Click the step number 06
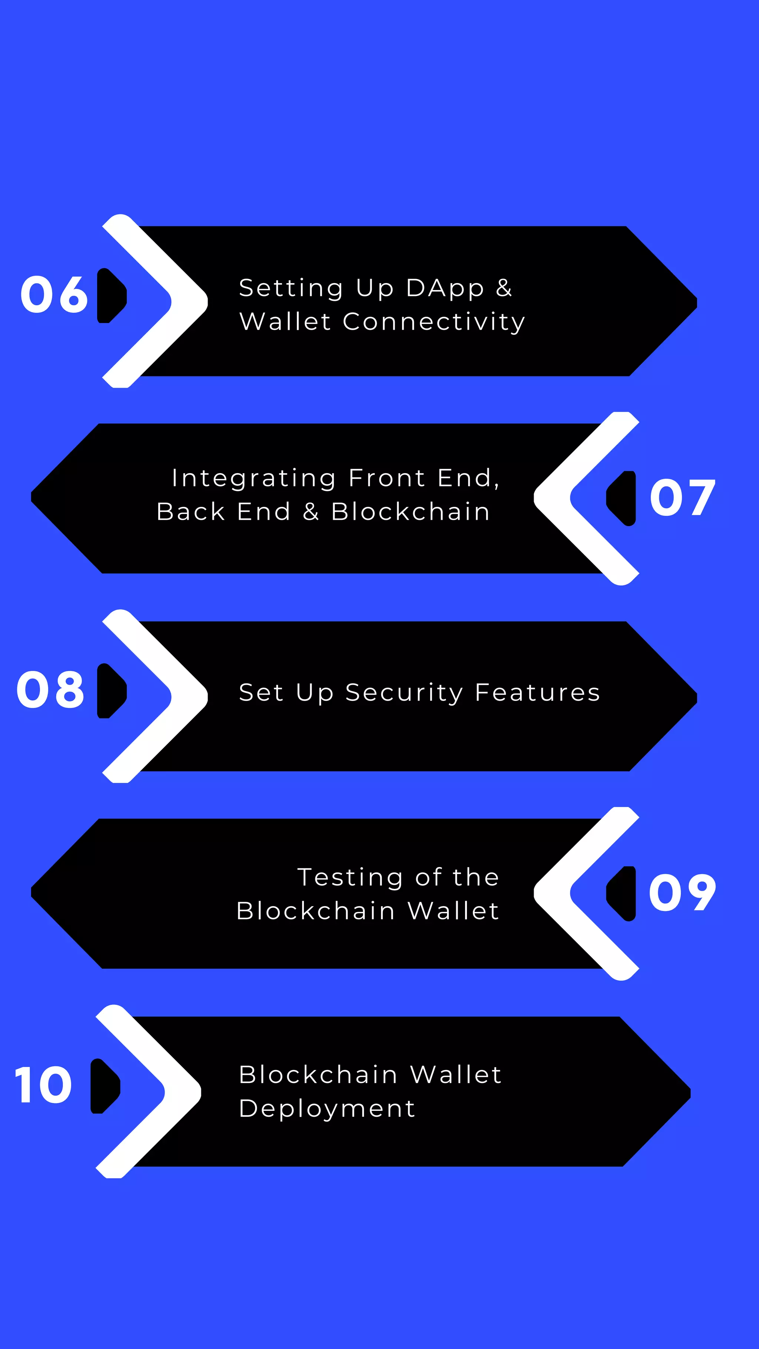coord(54,295)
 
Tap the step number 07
coord(682,498)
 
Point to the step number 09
coord(682,893)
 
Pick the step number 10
coord(43,1086)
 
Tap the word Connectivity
coord(434,322)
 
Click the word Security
coord(404,693)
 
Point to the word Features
coord(537,692)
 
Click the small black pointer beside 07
coord(622,498)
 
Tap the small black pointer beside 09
coord(622,893)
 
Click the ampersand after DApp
coord(504,288)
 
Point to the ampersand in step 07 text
coord(311,512)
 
